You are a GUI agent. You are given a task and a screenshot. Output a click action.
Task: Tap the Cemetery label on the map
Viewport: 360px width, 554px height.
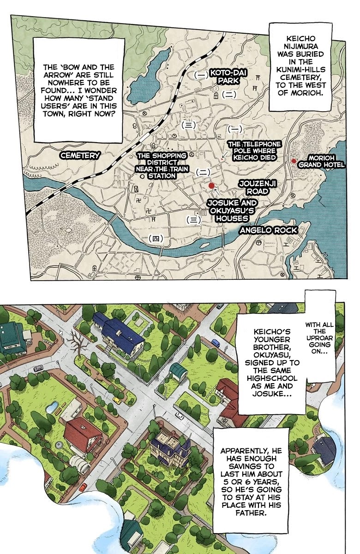[79, 156]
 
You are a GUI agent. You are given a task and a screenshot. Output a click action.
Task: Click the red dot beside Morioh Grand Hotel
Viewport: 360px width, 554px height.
[294, 161]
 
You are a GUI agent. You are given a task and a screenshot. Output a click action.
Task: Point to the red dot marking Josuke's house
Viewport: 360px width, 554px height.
[211, 186]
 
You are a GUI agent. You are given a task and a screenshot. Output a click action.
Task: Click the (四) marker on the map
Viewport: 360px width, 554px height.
[156, 238]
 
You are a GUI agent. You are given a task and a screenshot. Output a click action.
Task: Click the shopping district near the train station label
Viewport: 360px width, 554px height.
[156, 165]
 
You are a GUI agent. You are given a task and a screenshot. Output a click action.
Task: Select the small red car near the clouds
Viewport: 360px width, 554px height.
[83, 487]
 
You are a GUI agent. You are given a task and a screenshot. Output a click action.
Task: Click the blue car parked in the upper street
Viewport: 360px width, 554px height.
[216, 343]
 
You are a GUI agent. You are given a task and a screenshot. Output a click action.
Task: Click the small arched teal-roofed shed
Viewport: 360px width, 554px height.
[177, 369]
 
